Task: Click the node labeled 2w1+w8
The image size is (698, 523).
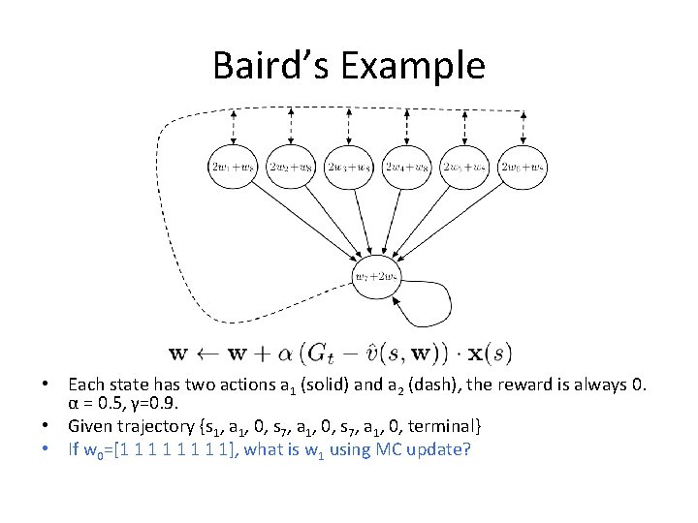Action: coord(233,167)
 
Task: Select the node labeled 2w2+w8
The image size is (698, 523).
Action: coord(291,167)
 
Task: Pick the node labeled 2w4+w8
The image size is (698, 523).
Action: coord(407,167)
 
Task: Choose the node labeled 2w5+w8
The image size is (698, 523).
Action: coord(465,167)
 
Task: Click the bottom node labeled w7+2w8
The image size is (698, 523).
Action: coord(375,276)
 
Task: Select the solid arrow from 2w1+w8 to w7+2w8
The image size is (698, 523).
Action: coord(301,219)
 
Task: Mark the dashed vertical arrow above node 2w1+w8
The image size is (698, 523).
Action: coord(233,125)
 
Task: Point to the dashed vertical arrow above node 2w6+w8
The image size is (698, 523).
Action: coord(523,125)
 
